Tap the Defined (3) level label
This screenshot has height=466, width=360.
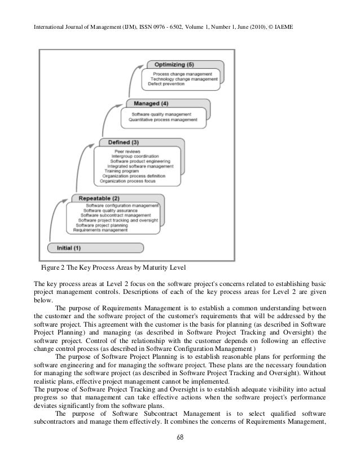pos(120,142)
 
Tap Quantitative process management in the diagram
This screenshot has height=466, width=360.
pos(163,120)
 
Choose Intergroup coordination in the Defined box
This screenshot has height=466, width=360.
pos(135,156)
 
